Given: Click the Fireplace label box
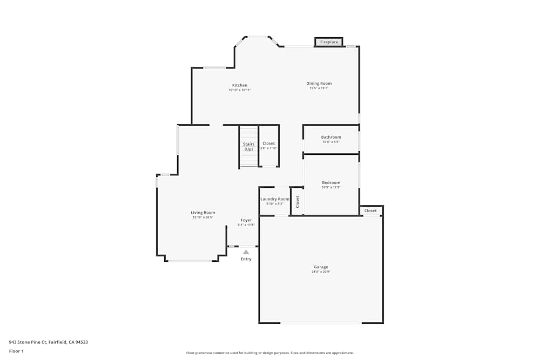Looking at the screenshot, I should [329, 42].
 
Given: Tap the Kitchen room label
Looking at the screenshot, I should [240, 85].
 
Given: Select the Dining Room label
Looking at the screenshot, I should [319, 84].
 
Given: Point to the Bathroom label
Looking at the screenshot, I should [331, 137].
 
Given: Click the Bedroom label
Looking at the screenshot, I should [331, 182].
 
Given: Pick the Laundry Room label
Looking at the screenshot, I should [275, 199].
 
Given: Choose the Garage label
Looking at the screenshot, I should [321, 267].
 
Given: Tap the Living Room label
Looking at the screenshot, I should [202, 213].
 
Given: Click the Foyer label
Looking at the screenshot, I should [246, 220].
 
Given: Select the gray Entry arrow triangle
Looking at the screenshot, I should [246, 252].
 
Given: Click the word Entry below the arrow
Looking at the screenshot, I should [246, 259].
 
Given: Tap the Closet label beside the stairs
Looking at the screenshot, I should [268, 144].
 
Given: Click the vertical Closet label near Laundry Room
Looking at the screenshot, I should [297, 201].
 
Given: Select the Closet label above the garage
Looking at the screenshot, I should [370, 210].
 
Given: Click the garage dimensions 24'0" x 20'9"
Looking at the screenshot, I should [321, 272].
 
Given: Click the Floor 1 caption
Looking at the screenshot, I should [16, 351].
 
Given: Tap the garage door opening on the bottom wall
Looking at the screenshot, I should [321, 323].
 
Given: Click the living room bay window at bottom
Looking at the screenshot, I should [190, 261].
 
